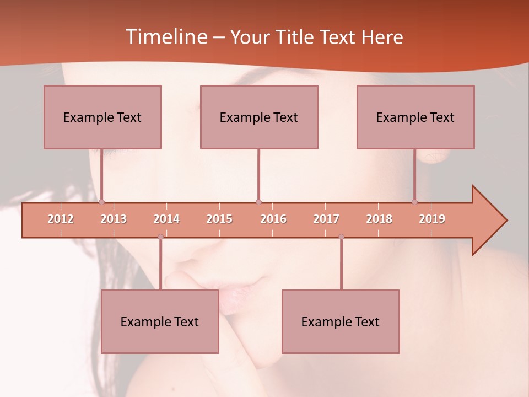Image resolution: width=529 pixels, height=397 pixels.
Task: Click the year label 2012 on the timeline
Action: tap(61, 219)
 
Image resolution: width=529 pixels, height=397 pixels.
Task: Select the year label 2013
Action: tap(114, 219)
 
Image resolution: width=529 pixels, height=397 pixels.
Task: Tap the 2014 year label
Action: tap(166, 219)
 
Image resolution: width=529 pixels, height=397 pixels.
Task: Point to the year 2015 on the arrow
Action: tap(219, 219)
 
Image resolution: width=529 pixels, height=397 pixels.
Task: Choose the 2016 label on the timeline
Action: tap(273, 219)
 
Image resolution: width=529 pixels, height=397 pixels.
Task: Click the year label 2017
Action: tap(326, 219)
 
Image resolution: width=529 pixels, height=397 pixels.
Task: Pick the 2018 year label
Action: tap(379, 219)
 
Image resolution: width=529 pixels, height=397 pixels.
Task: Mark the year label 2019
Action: tap(432, 219)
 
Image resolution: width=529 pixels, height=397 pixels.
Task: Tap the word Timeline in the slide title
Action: tap(165, 37)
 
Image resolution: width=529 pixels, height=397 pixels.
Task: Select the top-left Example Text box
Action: tap(102, 117)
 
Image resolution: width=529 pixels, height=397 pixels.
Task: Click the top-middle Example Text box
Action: tap(259, 117)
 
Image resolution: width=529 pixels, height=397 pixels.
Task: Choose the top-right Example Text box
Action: tap(415, 117)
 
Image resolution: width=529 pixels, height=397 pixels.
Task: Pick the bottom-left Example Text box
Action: tap(160, 322)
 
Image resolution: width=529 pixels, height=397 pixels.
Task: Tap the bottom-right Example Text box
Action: tap(341, 322)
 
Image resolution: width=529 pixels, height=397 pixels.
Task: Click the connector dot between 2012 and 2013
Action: tap(101, 202)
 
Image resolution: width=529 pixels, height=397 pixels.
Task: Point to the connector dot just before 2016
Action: tap(258, 202)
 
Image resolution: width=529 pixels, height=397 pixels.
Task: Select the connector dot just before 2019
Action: tap(414, 202)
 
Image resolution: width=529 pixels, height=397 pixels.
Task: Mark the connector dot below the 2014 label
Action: tap(160, 237)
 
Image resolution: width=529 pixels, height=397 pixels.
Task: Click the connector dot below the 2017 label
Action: tap(341, 237)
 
